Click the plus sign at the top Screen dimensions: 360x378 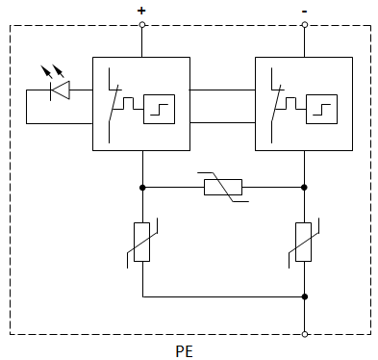tap(141, 10)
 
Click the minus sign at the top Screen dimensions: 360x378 tap(305, 10)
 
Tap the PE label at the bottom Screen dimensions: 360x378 tap(184, 350)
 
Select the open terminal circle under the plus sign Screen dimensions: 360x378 tap(142, 26)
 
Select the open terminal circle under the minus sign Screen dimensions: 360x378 tap(305, 26)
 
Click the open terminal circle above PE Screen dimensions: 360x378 tap(305, 334)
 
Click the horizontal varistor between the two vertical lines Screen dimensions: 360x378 tap(223, 187)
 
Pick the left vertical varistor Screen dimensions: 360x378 tap(142, 242)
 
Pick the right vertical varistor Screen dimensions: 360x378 tap(305, 242)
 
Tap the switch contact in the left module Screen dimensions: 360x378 tap(114, 96)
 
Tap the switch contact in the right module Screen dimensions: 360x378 tap(278, 96)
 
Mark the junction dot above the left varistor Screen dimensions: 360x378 tap(142, 187)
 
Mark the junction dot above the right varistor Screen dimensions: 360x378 tap(305, 187)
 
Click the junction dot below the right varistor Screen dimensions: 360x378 tap(305, 297)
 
